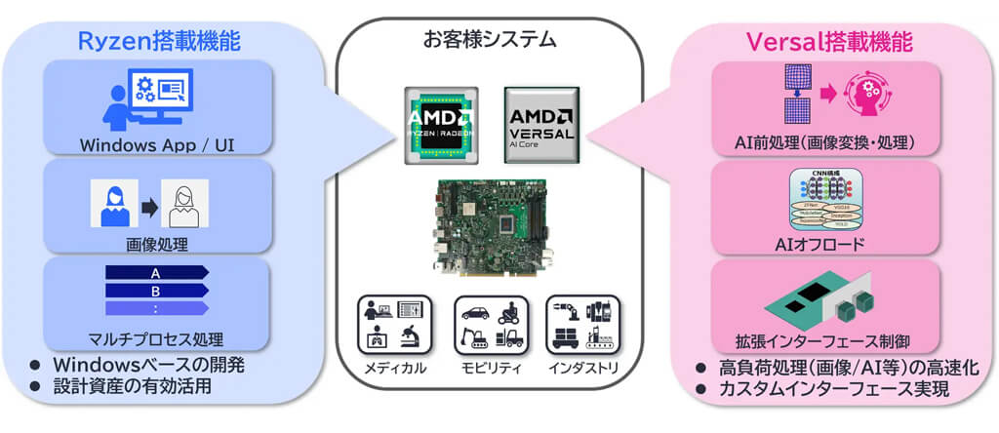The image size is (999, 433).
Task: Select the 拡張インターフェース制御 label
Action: pos(826,341)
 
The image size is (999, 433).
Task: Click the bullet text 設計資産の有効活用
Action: pos(136,385)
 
